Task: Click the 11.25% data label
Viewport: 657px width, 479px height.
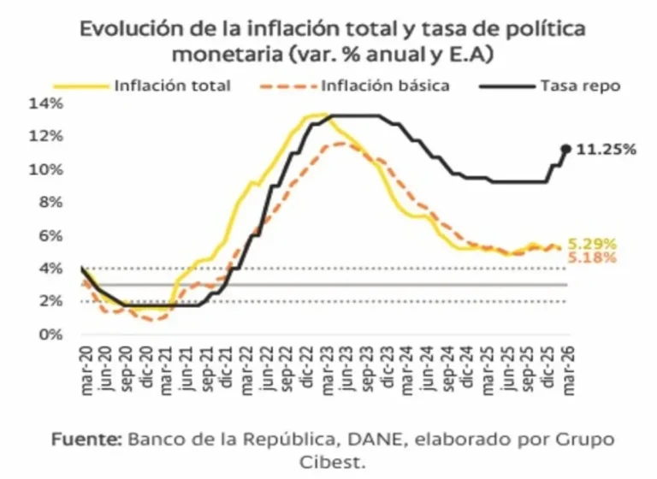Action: (606, 150)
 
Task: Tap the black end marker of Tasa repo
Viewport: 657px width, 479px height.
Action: (565, 149)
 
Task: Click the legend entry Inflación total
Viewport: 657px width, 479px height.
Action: (172, 86)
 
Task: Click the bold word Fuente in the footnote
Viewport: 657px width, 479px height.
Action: (85, 441)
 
